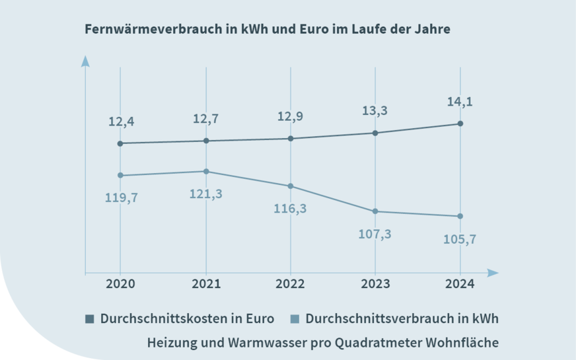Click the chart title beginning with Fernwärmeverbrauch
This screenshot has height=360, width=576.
(x=268, y=30)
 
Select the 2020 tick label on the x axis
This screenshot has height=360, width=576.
(x=120, y=284)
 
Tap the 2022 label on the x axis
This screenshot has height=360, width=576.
(x=290, y=284)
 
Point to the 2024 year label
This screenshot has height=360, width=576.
(x=460, y=284)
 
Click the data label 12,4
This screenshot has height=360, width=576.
(x=122, y=122)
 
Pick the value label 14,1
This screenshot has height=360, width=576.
(x=460, y=102)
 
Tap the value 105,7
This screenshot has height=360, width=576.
(x=460, y=238)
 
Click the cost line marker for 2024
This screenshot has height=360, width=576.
(x=460, y=124)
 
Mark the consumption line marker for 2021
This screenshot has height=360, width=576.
(x=206, y=172)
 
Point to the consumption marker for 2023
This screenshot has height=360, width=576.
(x=375, y=211)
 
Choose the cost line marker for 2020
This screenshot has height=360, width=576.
(x=120, y=143)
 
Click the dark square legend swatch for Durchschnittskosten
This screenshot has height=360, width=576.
(x=90, y=319)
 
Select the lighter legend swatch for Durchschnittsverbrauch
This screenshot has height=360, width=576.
(x=295, y=319)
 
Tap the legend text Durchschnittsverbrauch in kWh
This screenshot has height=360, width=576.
(x=402, y=318)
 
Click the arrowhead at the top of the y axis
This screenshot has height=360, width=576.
(x=85, y=61)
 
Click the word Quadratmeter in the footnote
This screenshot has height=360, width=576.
(x=373, y=343)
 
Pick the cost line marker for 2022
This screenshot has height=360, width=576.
(x=291, y=139)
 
